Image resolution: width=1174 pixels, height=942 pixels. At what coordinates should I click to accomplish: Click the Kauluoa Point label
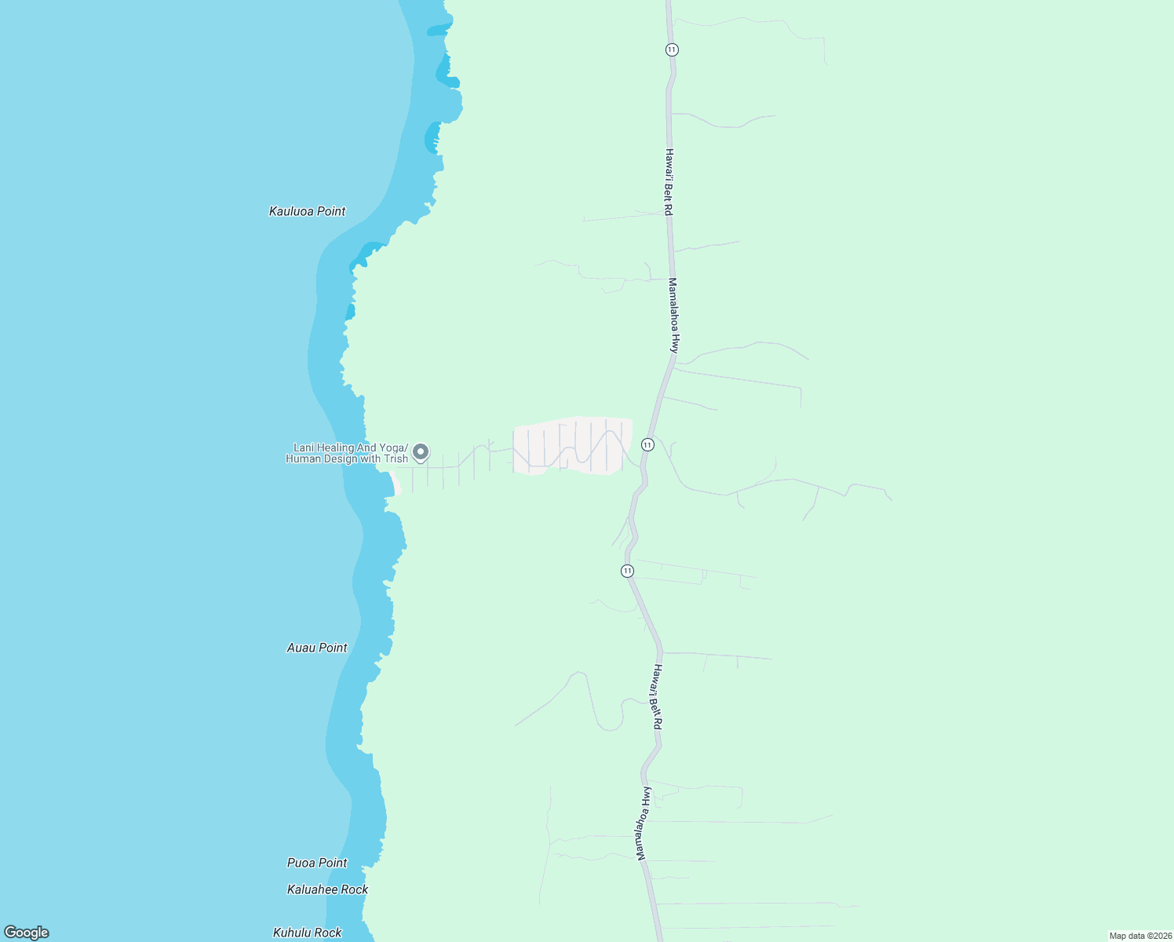[x=307, y=211]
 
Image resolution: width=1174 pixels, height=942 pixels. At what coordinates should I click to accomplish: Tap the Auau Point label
[x=317, y=648]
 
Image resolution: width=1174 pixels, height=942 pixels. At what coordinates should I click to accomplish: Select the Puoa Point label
[x=317, y=863]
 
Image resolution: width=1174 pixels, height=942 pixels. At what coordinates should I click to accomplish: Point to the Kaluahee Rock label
[x=327, y=889]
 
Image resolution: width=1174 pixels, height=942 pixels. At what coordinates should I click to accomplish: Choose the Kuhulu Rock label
[x=307, y=933]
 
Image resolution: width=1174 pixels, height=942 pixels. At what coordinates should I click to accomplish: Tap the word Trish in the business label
[x=396, y=459]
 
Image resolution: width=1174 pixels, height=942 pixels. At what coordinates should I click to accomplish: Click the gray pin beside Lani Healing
[x=421, y=451]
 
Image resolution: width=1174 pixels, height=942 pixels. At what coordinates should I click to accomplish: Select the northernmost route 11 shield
[x=671, y=49]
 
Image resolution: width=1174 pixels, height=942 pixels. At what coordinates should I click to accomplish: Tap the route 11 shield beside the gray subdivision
[x=647, y=444]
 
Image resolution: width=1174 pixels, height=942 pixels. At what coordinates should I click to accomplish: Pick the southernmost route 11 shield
[x=627, y=571]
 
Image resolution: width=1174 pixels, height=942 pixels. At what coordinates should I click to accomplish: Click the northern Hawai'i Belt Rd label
[x=669, y=182]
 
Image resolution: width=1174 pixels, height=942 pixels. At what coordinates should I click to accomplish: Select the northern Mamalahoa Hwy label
[x=673, y=315]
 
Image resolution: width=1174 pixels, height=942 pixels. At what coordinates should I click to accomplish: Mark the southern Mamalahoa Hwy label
[x=644, y=823]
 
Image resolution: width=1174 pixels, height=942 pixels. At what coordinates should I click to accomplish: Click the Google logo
[x=27, y=933]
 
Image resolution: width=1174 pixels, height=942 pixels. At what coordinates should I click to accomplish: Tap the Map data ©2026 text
[x=1139, y=936]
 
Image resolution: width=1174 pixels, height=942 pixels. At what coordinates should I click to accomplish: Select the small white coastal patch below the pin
[x=396, y=486]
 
